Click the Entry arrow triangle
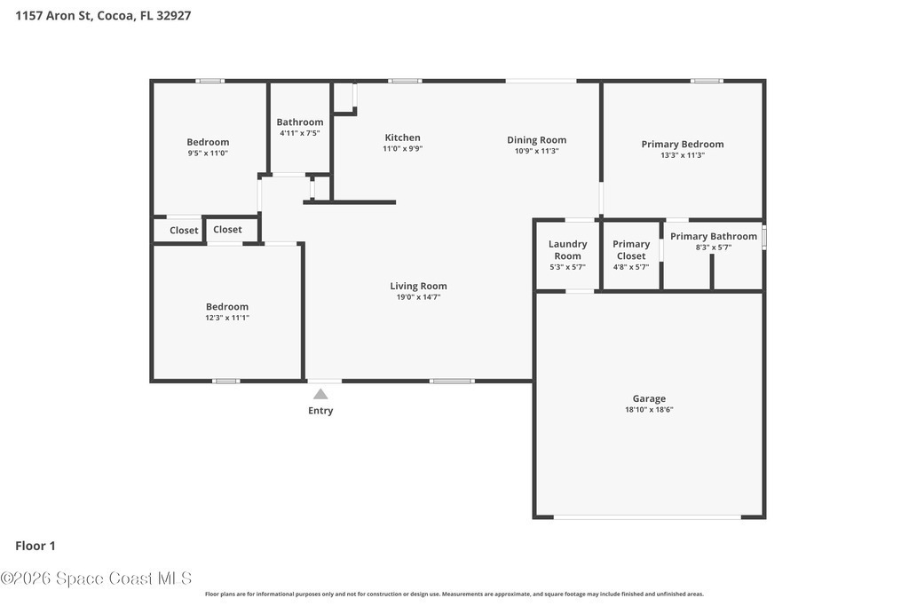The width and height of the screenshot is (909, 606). click(320, 395)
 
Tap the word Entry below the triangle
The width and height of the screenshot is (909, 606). click(320, 411)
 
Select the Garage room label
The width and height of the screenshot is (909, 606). click(649, 398)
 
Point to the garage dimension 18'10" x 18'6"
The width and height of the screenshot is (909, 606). click(649, 410)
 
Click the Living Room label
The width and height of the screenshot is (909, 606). click(418, 287)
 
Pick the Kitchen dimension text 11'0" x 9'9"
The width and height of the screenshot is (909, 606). click(402, 149)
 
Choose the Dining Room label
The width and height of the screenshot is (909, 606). click(536, 140)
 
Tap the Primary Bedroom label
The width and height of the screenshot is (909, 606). click(683, 145)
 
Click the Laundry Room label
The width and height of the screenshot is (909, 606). click(567, 250)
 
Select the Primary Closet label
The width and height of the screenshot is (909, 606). click(631, 250)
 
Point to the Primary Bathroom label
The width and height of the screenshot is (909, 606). click(714, 236)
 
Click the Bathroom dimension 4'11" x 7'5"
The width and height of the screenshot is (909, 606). click(300, 133)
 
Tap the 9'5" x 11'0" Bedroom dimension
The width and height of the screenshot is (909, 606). click(208, 153)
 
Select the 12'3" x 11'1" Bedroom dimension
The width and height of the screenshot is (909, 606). click(227, 318)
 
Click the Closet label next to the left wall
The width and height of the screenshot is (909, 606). click(184, 231)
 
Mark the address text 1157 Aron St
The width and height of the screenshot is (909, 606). click(53, 16)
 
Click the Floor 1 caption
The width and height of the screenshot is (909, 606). click(36, 546)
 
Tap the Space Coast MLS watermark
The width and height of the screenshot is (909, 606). click(96, 578)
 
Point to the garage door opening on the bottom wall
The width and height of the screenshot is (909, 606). click(647, 516)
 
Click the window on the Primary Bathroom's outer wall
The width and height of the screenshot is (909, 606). click(764, 238)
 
